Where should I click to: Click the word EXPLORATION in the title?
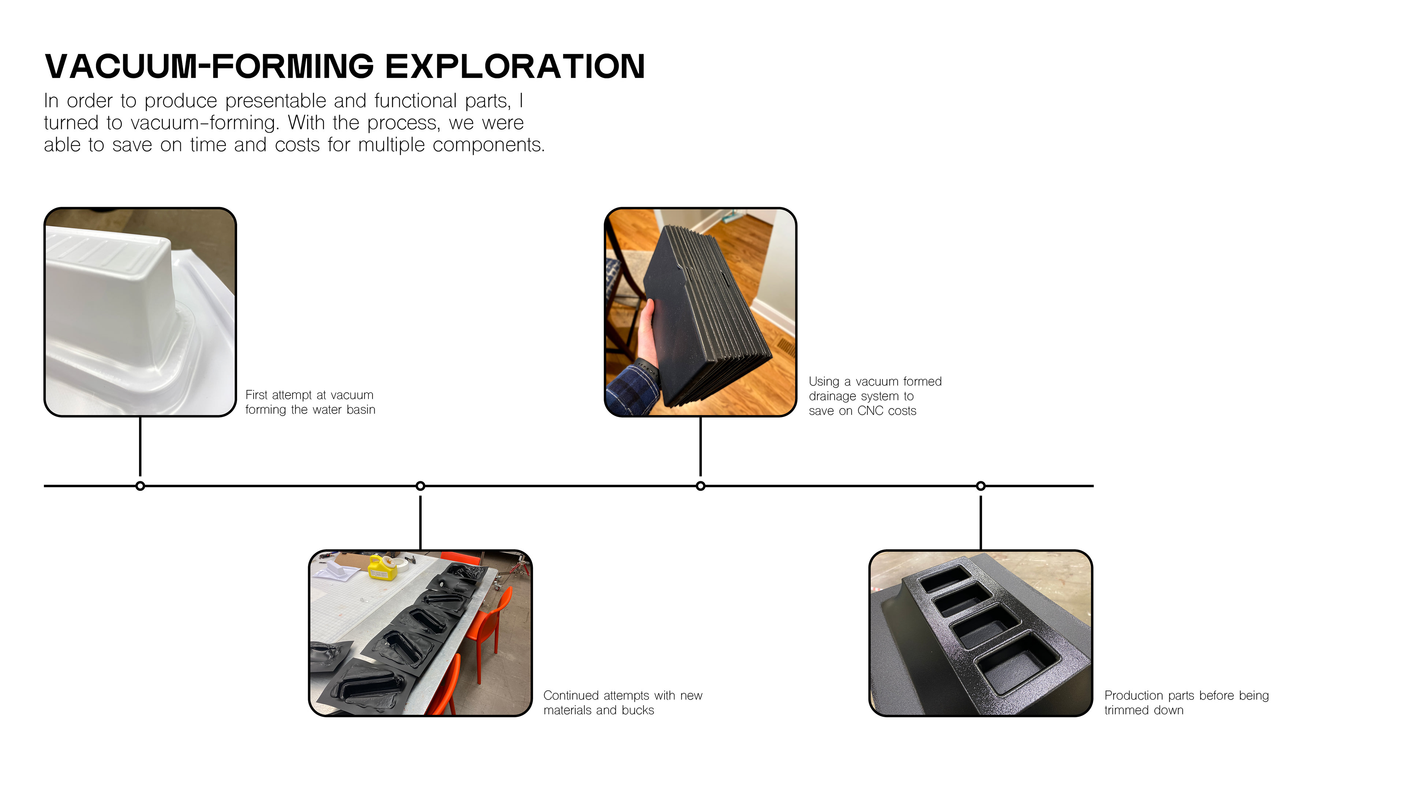pyautogui.click(x=515, y=67)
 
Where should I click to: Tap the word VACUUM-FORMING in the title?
pyautogui.click(x=209, y=67)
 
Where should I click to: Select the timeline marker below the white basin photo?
pyautogui.click(x=140, y=486)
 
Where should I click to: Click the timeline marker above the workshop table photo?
pyautogui.click(x=420, y=486)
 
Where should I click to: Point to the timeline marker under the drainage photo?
pyautogui.click(x=700, y=486)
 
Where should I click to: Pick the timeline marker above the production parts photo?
pyautogui.click(x=981, y=486)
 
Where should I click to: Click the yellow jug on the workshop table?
pyautogui.click(x=380, y=568)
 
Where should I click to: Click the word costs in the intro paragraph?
pyautogui.click(x=297, y=145)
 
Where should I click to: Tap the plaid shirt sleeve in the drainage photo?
pyautogui.click(x=633, y=390)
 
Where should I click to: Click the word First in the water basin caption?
pyautogui.click(x=256, y=395)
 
